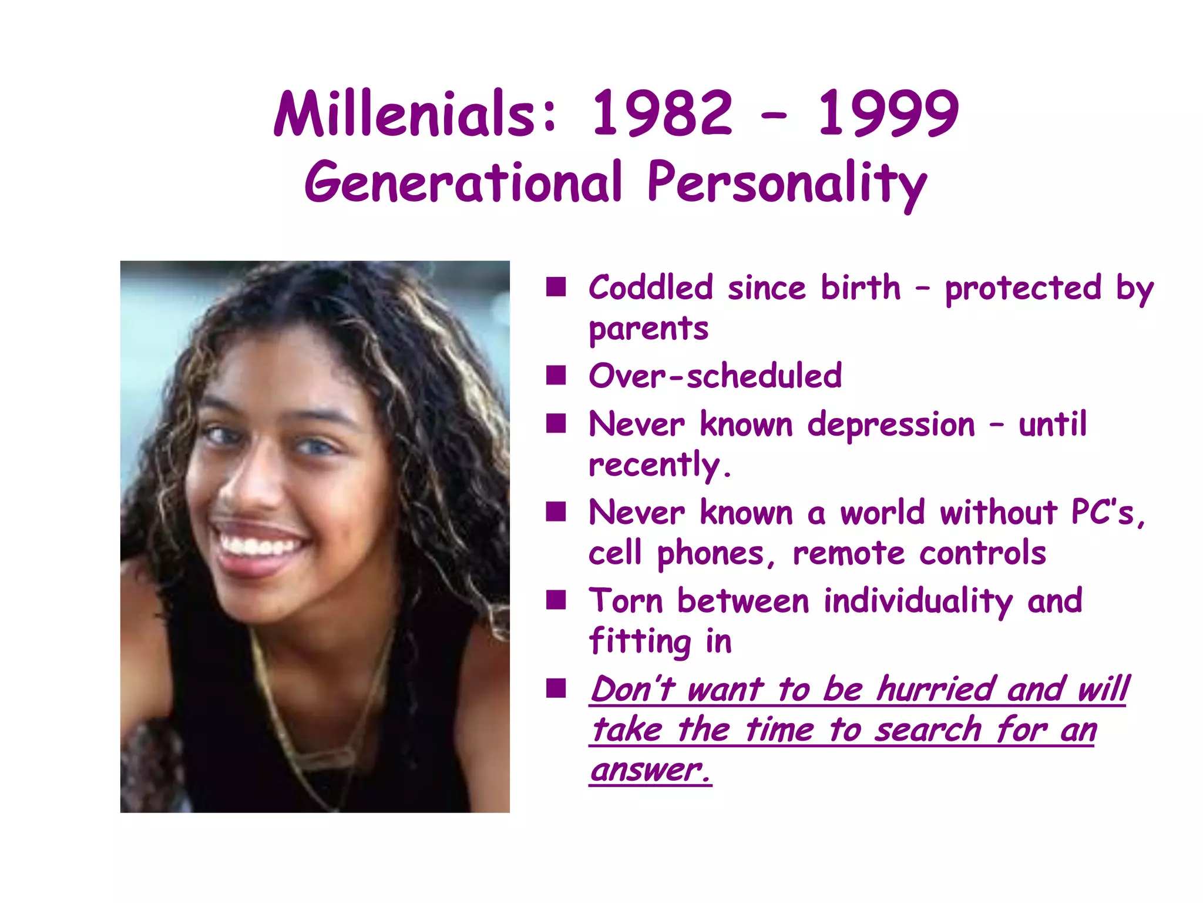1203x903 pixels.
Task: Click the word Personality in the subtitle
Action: pos(787,183)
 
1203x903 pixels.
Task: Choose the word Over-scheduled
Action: pos(715,376)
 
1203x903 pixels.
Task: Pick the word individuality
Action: pos(918,601)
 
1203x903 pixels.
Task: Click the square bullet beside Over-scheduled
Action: pos(556,375)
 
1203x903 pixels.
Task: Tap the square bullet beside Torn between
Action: pos(556,600)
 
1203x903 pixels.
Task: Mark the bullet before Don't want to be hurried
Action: pos(556,688)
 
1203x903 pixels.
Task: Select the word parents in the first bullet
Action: pos(648,329)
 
